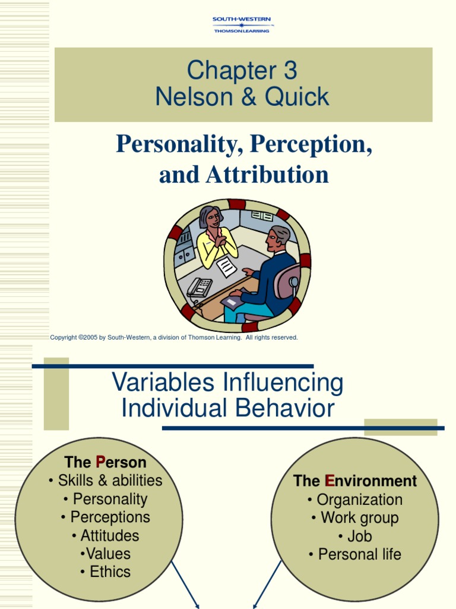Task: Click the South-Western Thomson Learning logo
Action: (241, 25)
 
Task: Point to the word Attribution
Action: (267, 175)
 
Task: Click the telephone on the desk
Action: (199, 287)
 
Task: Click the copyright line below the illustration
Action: (174, 338)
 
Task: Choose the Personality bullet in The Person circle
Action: (105, 499)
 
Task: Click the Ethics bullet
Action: (105, 572)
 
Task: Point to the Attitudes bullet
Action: (105, 535)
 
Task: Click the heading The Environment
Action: (355, 481)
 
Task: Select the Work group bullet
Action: (355, 517)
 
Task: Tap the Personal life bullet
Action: (355, 554)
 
